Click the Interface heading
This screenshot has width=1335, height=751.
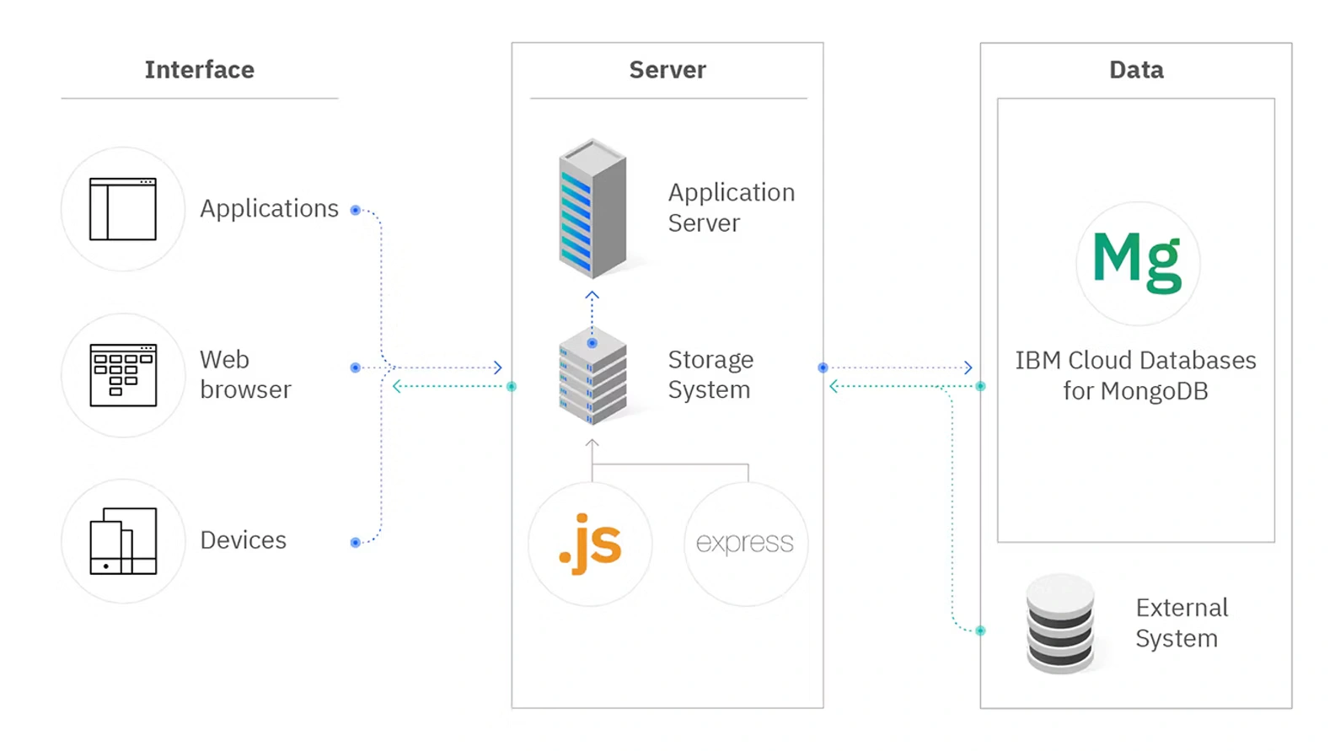199,69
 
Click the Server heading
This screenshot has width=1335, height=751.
667,69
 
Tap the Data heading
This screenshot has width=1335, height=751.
1136,69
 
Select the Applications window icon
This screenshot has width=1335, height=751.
123,209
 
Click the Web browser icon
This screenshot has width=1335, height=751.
123,375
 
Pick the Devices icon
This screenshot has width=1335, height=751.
123,541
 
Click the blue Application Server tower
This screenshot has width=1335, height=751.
592,209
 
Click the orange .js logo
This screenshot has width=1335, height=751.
590,544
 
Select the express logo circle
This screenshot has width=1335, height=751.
745,544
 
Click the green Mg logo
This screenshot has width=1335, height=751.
1138,263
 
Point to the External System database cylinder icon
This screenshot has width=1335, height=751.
1060,624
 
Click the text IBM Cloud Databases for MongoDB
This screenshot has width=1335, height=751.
1135,375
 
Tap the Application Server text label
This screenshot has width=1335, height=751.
731,207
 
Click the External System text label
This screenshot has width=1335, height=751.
1181,623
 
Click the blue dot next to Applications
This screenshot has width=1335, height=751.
356,210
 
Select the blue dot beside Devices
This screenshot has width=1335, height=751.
356,542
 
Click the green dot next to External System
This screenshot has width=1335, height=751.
980,630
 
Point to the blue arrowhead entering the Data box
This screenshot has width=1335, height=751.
968,367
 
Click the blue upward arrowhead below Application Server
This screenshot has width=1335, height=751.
592,296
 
